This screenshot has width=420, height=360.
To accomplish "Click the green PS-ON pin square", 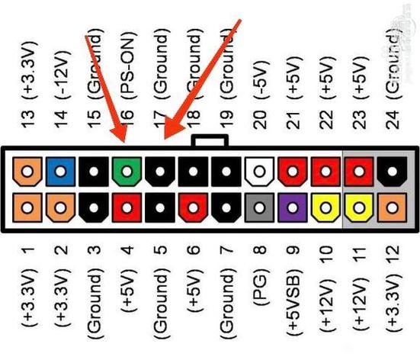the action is click(127, 172).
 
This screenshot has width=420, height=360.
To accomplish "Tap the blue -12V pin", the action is click(60, 172).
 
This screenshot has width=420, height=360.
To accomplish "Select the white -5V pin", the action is click(260, 172).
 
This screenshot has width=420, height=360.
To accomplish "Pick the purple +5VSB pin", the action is click(293, 207).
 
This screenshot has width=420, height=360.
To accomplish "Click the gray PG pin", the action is click(260, 207).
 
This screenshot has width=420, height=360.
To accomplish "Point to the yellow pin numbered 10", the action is click(326, 207).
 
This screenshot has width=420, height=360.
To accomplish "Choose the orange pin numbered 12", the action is click(392, 207).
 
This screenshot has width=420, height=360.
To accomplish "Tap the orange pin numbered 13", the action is click(27, 172).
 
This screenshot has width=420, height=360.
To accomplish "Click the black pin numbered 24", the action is click(392, 172).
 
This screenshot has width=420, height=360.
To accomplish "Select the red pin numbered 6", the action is click(193, 207).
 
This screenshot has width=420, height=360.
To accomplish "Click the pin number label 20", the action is click(260, 119).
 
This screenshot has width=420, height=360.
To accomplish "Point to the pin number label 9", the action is click(293, 250).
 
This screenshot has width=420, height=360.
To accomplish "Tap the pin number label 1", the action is click(27, 250).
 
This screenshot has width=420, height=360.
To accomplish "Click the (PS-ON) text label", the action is click(127, 66).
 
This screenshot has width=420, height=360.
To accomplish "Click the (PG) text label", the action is click(261, 284).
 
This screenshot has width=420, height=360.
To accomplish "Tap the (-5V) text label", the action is click(261, 79).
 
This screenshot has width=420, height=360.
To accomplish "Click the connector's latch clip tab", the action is click(210, 141).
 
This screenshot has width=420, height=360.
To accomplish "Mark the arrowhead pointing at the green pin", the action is click(119, 134).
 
